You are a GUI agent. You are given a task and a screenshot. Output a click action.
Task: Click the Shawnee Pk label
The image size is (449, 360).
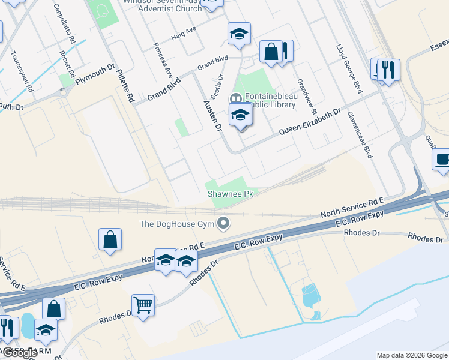232,194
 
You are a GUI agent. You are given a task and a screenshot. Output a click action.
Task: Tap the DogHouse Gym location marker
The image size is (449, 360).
224,224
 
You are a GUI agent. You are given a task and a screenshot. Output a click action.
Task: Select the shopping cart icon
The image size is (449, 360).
143,305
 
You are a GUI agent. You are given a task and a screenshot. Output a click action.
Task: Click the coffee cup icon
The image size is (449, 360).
442,160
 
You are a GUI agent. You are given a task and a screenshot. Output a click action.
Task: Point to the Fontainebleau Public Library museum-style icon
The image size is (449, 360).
236,98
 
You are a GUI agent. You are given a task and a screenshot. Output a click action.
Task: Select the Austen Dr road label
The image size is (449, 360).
213,115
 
